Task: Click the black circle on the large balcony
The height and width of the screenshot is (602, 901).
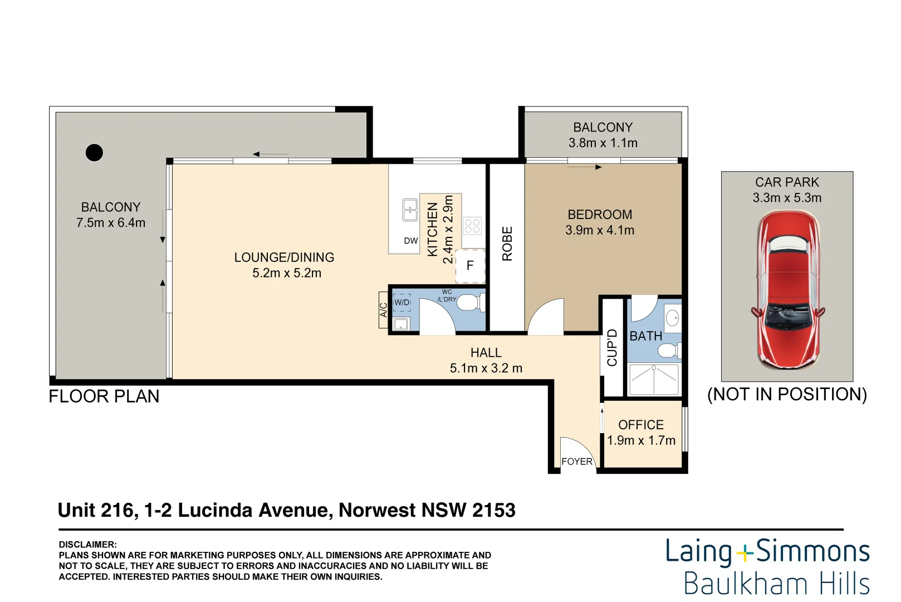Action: pos(94,152)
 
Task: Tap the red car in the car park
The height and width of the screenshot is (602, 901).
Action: pos(787,290)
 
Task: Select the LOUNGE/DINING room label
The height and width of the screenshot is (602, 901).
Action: pos(284,258)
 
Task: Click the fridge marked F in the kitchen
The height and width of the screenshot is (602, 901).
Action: pos(470,266)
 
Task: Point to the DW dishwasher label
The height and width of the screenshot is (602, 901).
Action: pos(411,241)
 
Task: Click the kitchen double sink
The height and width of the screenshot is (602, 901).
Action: pos(410,210)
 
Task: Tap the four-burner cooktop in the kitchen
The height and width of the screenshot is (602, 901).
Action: pos(472,226)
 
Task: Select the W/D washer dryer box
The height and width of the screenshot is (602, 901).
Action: pos(401,303)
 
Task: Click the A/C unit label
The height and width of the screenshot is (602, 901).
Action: pos(384,310)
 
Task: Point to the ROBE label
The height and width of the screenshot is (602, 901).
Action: pos(507,244)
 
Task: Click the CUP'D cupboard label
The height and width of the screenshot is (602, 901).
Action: pos(612,347)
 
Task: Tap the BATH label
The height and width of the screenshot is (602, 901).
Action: pos(646,336)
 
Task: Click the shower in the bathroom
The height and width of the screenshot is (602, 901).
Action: pos(653,379)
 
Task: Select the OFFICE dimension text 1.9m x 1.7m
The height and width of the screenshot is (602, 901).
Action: pos(641,440)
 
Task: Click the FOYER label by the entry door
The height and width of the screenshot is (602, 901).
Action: pos(577,462)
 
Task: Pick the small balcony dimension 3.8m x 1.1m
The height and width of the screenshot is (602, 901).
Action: pos(603,143)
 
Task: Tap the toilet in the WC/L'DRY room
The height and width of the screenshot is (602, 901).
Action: pos(469,303)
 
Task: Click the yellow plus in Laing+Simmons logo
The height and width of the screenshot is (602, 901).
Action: pos(745,553)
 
